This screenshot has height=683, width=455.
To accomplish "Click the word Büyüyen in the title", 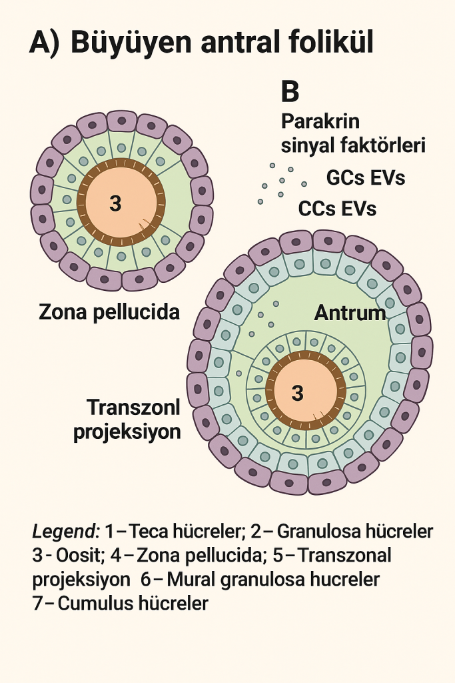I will tap(127, 42).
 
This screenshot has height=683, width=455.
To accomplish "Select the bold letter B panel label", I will tap(290, 92).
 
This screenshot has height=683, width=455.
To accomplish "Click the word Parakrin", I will tap(320, 122).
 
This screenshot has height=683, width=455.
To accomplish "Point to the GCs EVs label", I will tap(366, 178).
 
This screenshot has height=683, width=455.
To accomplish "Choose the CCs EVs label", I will tap(337, 208).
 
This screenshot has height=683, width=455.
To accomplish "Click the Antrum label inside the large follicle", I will tap(350, 312).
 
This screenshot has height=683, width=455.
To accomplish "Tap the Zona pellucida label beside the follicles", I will tap(109, 311).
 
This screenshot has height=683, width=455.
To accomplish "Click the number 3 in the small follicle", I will tap(115, 203).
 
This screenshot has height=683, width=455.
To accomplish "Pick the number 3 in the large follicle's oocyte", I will tap(297, 394).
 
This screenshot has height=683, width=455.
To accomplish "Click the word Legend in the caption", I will tap(65, 532).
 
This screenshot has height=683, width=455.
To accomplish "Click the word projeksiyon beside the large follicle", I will tap(127, 432).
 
